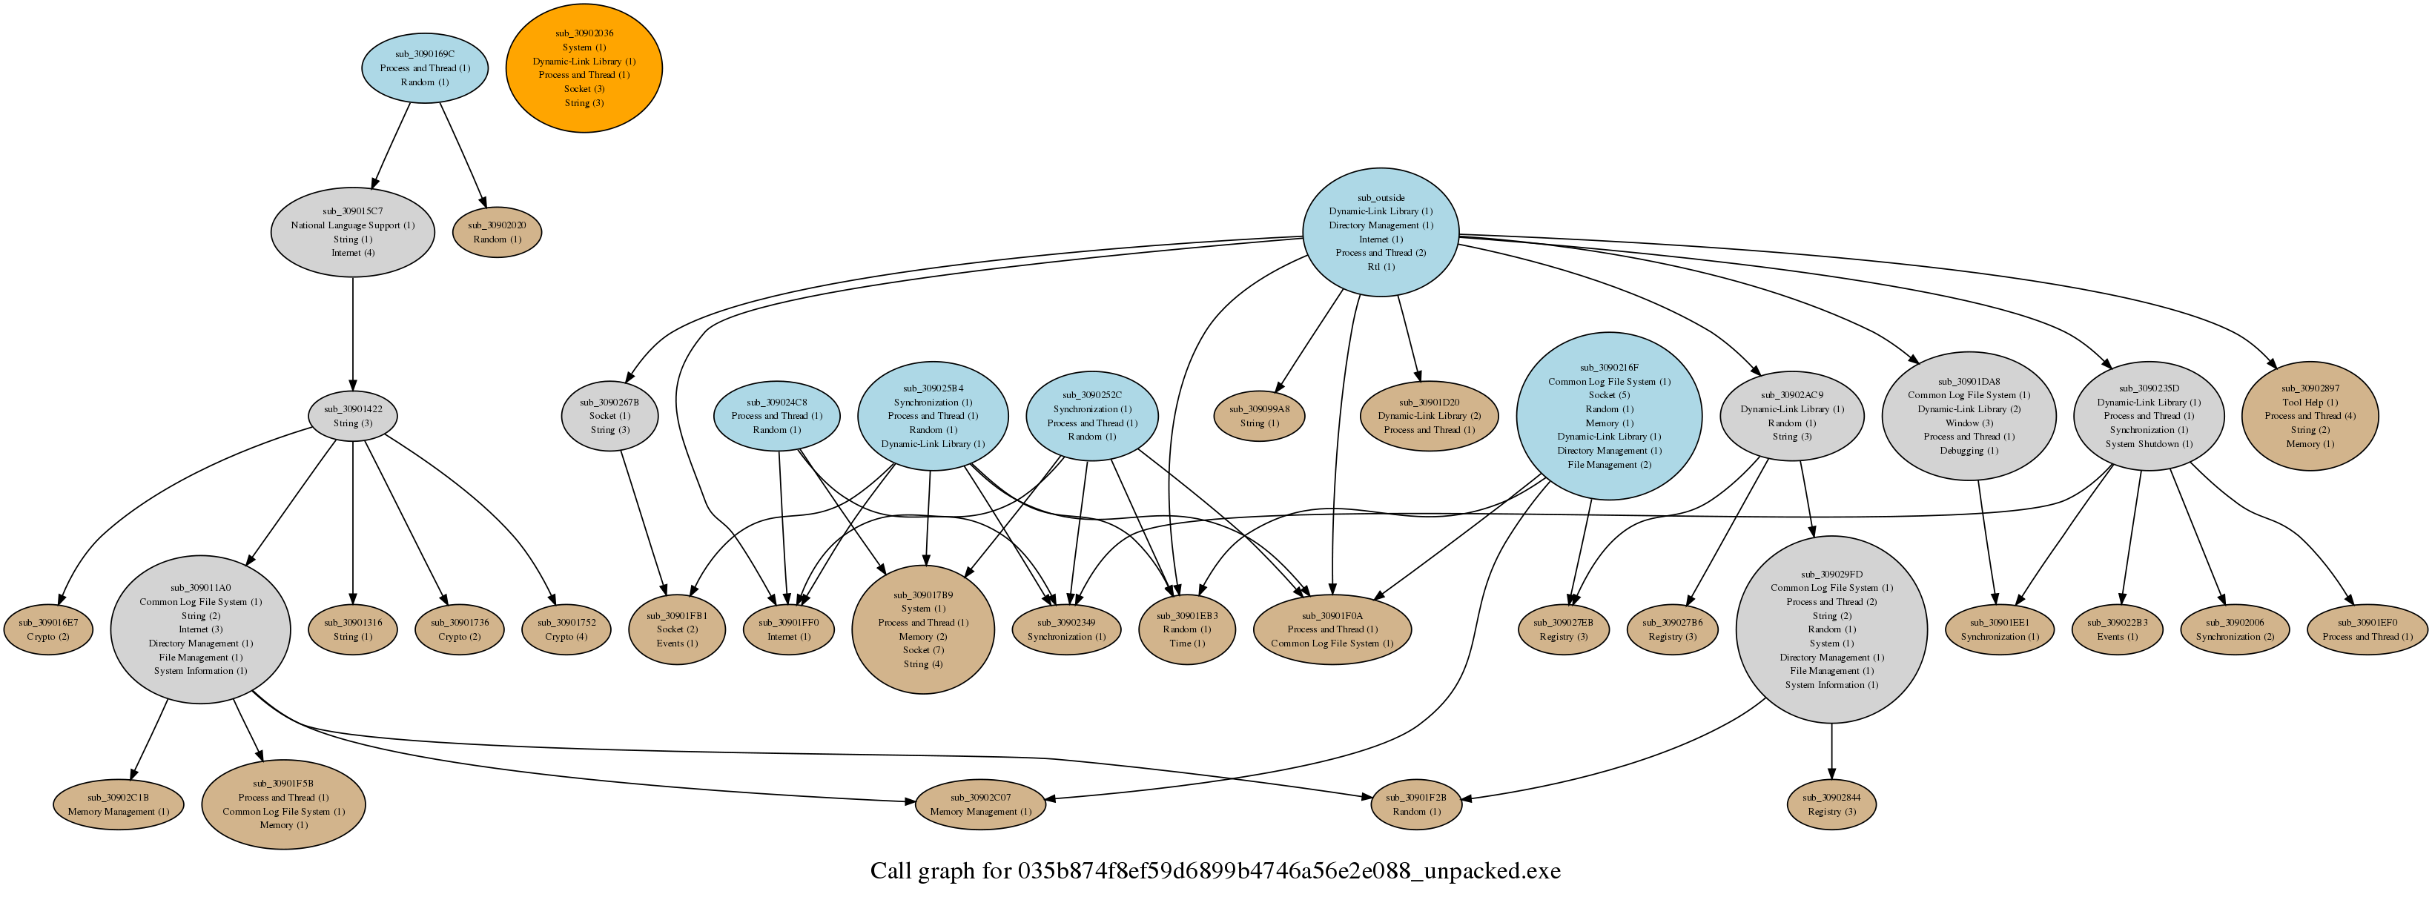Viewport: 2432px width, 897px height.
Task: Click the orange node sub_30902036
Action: point(584,68)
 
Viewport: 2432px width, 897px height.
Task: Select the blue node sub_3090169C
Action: point(425,68)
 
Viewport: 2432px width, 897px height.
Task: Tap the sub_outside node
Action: point(1381,232)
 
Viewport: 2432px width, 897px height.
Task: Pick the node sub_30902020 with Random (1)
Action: point(497,232)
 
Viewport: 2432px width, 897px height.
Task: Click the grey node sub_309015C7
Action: point(352,232)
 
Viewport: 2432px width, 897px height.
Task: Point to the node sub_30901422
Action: point(352,415)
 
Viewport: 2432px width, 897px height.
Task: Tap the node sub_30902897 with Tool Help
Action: point(2309,415)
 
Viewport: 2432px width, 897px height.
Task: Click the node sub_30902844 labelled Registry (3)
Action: point(1831,804)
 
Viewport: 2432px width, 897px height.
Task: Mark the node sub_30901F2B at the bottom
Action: point(1415,804)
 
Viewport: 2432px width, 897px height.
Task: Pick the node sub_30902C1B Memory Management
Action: point(118,804)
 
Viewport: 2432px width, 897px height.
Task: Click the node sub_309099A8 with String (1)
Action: point(1258,415)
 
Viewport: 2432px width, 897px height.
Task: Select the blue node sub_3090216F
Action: point(1609,415)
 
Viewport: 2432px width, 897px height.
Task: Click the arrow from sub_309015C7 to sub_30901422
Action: point(353,331)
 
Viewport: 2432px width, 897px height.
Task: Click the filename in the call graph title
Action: point(1289,870)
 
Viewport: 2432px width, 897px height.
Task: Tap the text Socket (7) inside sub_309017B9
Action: point(922,649)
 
